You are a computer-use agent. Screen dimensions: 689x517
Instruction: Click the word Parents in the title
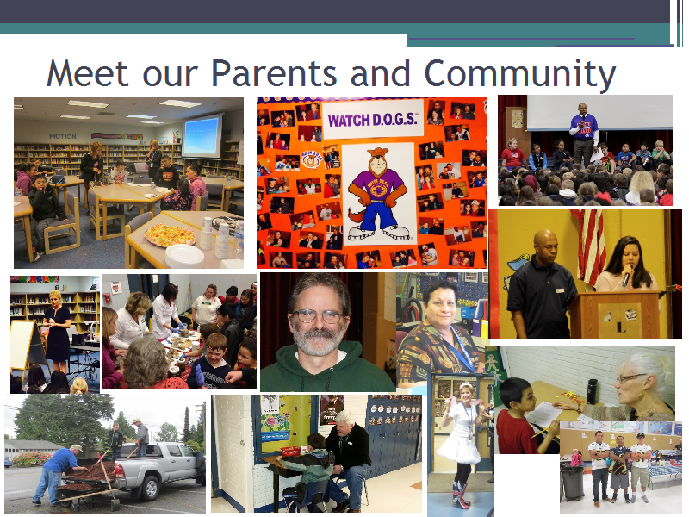tap(274, 73)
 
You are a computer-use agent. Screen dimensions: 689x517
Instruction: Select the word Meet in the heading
tap(88, 73)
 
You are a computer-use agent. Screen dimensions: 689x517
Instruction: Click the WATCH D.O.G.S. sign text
tap(372, 120)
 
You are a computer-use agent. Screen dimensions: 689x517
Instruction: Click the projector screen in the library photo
tap(202, 137)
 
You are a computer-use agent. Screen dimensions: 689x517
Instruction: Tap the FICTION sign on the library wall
tap(62, 136)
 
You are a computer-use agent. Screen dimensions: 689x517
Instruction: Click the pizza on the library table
tap(170, 234)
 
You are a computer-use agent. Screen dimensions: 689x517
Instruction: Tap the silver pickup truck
tap(159, 470)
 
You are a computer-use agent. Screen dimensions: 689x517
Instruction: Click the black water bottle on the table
tap(593, 391)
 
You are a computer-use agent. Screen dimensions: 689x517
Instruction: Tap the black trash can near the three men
tap(573, 483)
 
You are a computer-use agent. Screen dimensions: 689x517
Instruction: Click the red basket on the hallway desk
tap(290, 451)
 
